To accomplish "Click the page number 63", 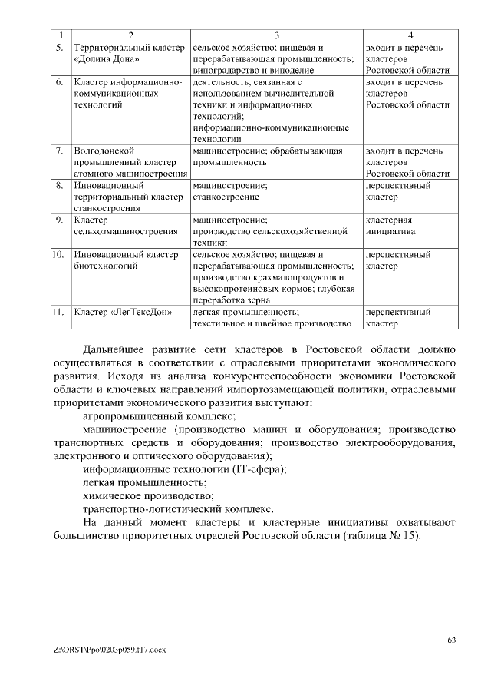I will [x=451, y=640].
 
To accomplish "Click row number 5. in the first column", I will [x=59, y=48].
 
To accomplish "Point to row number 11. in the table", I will [x=58, y=313].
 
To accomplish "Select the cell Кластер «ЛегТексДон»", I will [x=123, y=313].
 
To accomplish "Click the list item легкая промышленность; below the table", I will [x=144, y=482].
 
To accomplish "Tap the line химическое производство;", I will [x=147, y=496].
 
